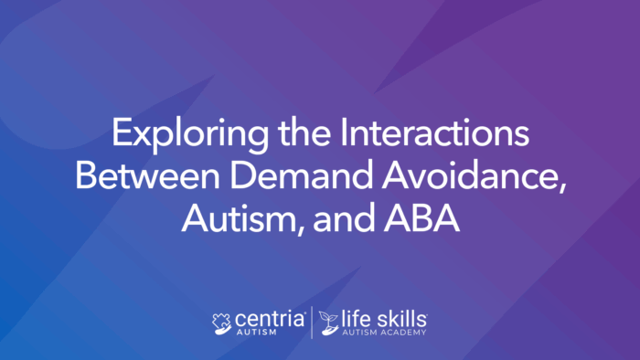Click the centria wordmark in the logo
tap(273, 319)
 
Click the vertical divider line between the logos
tap(312, 323)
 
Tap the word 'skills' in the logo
tap(400, 317)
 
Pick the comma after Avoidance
tap(560, 186)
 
